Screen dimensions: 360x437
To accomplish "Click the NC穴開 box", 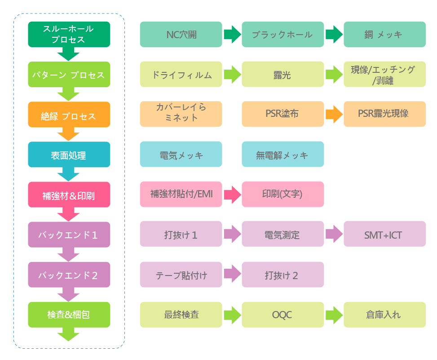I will tap(181, 35).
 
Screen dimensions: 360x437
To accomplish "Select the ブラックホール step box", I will tap(283, 35).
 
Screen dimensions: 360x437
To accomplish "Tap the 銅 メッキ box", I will tap(384, 35).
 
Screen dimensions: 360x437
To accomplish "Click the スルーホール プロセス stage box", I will tap(69, 35).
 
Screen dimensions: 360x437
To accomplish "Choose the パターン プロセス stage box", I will tap(69, 75).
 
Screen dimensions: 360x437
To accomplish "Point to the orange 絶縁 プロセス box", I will tap(69, 115).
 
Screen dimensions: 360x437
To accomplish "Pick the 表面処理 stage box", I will tap(69, 155).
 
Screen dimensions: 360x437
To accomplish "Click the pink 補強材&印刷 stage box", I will tap(69, 195).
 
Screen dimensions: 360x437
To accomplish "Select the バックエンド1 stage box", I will tap(69, 235).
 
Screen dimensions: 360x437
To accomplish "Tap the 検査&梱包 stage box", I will tap(69, 315).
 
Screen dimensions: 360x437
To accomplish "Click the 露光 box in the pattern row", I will tap(283, 75).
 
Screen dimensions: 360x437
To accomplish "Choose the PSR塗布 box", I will tap(283, 114).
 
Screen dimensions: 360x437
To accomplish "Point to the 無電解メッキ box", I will tap(283, 155).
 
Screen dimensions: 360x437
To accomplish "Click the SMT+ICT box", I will tap(384, 234).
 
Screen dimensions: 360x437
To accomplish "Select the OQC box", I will tap(283, 315).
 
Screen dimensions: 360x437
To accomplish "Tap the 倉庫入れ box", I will tap(384, 315).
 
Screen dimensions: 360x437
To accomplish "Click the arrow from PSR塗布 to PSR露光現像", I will tap(334, 114).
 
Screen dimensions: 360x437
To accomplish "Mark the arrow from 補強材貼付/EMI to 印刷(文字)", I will tap(232, 195).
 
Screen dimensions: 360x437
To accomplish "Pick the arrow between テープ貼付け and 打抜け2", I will tap(232, 274).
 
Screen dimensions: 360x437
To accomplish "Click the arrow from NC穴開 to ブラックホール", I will tap(232, 35).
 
